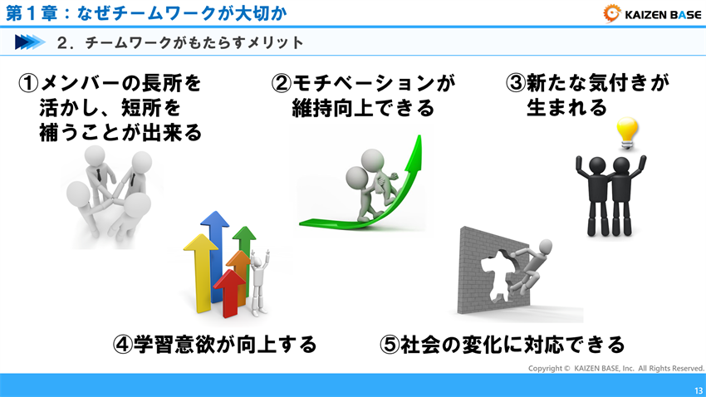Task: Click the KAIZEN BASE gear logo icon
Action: pos(612,12)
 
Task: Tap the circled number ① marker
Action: pos(29,84)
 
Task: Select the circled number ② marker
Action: pos(282,84)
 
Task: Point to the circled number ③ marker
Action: pos(515,84)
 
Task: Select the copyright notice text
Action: pos(615,368)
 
